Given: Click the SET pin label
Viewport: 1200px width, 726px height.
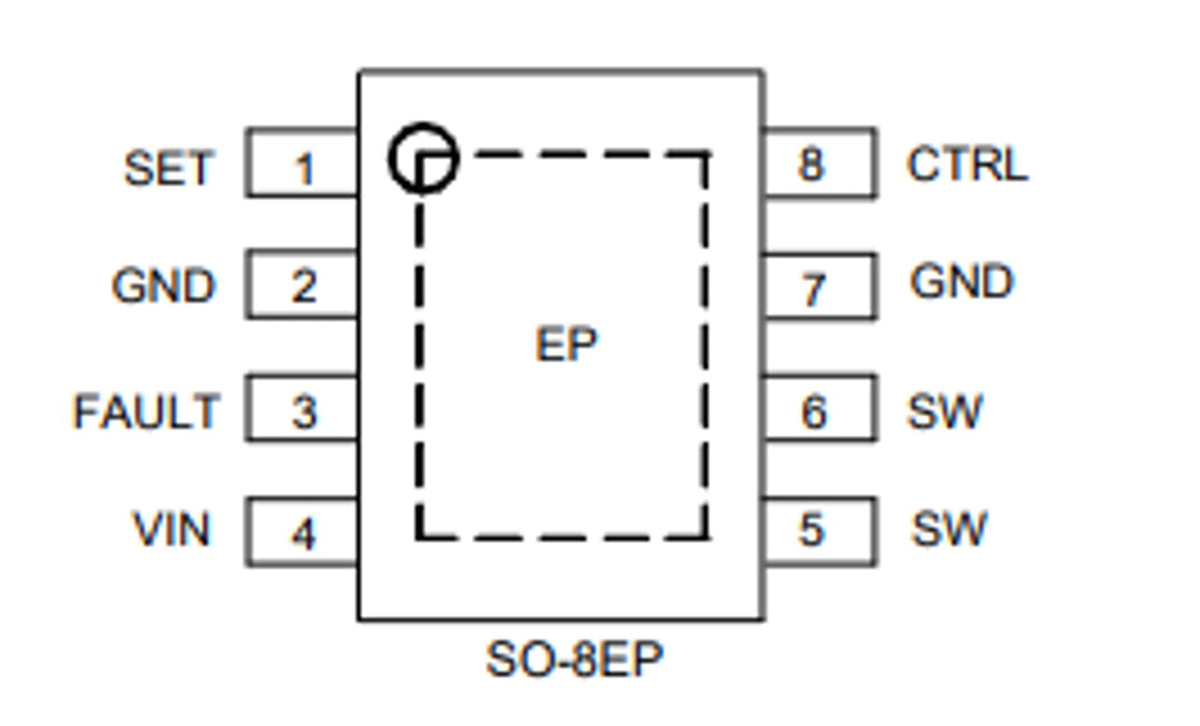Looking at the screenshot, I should [x=169, y=169].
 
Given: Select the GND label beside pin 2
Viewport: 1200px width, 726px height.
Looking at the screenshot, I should [x=164, y=286].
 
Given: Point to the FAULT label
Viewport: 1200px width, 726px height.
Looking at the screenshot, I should [x=146, y=412].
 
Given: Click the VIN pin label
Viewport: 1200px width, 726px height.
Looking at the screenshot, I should [x=172, y=530].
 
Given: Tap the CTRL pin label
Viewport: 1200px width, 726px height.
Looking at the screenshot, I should [x=967, y=164].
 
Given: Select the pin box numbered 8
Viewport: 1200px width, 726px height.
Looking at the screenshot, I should [x=819, y=164].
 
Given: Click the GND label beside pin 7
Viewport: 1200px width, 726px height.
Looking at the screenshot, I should [x=962, y=282].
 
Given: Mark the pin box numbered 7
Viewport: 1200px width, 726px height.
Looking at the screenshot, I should [x=819, y=287].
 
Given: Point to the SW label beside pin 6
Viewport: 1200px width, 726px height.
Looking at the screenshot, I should [x=945, y=411].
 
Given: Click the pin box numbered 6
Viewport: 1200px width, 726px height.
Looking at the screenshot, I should [x=819, y=409].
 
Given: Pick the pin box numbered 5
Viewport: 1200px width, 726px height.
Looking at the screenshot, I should [x=819, y=532].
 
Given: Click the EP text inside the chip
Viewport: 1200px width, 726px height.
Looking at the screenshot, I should [x=566, y=344].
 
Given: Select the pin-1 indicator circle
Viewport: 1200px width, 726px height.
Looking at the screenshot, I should [x=423, y=158].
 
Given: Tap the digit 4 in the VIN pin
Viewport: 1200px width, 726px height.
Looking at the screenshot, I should [x=303, y=534].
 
